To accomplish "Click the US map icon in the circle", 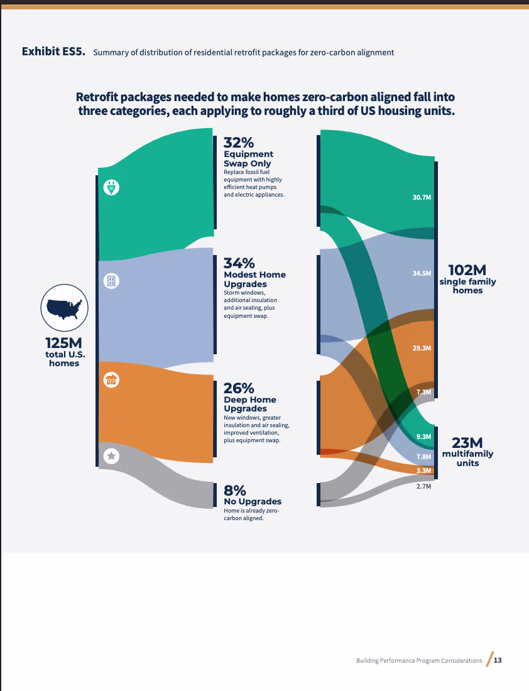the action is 64,308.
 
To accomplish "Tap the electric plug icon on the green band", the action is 111,187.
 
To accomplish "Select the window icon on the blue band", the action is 111,281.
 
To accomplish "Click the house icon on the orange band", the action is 111,379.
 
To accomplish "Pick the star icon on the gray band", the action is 111,455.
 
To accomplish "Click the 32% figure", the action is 239,143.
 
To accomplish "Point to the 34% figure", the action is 239,263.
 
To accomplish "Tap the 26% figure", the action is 239,388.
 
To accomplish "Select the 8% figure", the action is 234,491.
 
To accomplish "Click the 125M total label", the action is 63,343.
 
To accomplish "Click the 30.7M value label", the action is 422,197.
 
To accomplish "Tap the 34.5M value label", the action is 422,273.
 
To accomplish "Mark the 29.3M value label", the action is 422,348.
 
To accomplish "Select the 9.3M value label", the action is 423,437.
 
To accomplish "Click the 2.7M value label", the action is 423,486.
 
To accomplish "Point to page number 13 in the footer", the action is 498,660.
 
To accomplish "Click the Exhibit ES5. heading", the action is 53,52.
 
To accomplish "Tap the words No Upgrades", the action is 253,501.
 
